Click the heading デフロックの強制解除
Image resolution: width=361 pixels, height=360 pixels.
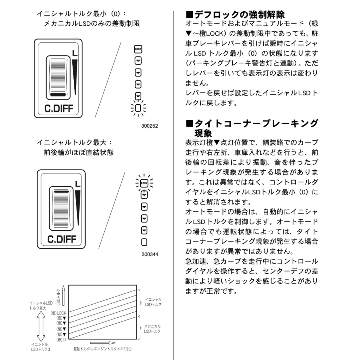(235, 15)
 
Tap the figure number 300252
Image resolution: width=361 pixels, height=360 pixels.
(149, 126)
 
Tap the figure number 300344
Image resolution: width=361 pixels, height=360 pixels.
(149, 254)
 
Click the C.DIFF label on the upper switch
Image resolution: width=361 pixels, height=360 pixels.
(59, 109)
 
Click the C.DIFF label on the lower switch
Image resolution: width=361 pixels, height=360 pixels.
(62, 239)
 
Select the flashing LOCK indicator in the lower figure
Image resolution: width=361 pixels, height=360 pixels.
(144, 183)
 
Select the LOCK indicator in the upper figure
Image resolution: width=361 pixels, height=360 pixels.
(138, 49)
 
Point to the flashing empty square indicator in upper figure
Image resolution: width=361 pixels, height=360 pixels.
(138, 108)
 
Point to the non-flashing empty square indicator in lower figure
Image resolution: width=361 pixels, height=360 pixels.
(144, 242)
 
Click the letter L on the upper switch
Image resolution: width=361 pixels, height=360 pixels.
(74, 53)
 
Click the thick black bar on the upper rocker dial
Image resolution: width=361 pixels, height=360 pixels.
(58, 95)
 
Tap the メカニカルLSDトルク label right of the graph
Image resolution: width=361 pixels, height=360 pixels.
(153, 329)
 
